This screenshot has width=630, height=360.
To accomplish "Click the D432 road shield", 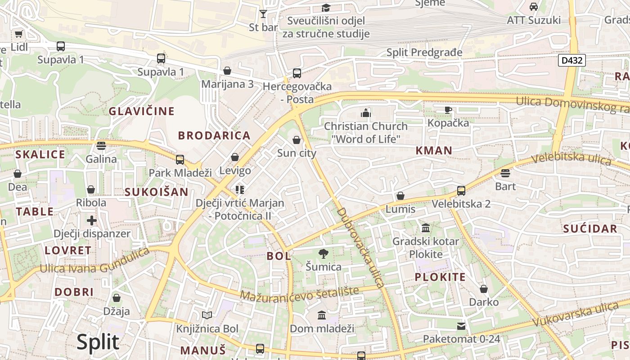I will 571,60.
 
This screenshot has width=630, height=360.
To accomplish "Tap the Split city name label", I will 98,342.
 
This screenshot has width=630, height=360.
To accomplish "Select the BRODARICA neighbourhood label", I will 214,135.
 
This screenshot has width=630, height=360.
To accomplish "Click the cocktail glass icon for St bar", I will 263,13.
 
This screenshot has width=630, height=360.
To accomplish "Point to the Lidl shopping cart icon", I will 18,34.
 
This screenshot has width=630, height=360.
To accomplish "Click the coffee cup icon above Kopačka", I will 448,109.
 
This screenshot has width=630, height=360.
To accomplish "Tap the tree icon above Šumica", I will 323,254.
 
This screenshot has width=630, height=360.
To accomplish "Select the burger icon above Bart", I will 505,173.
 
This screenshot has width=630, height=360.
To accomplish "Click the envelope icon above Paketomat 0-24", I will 461,326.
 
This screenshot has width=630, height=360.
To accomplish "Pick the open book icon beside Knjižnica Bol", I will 207,315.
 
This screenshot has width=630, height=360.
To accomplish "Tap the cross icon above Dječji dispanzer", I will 92,220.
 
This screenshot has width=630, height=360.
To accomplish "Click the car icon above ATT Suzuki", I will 534,7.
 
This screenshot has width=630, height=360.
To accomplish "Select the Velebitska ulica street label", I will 571,158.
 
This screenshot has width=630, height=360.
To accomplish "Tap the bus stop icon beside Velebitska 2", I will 461,190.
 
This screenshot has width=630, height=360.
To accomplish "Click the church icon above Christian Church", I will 365,113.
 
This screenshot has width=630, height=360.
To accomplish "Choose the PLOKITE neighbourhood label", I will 440,277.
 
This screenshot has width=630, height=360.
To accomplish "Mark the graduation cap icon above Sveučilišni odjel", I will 326,8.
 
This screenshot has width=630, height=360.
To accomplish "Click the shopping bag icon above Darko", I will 484,289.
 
